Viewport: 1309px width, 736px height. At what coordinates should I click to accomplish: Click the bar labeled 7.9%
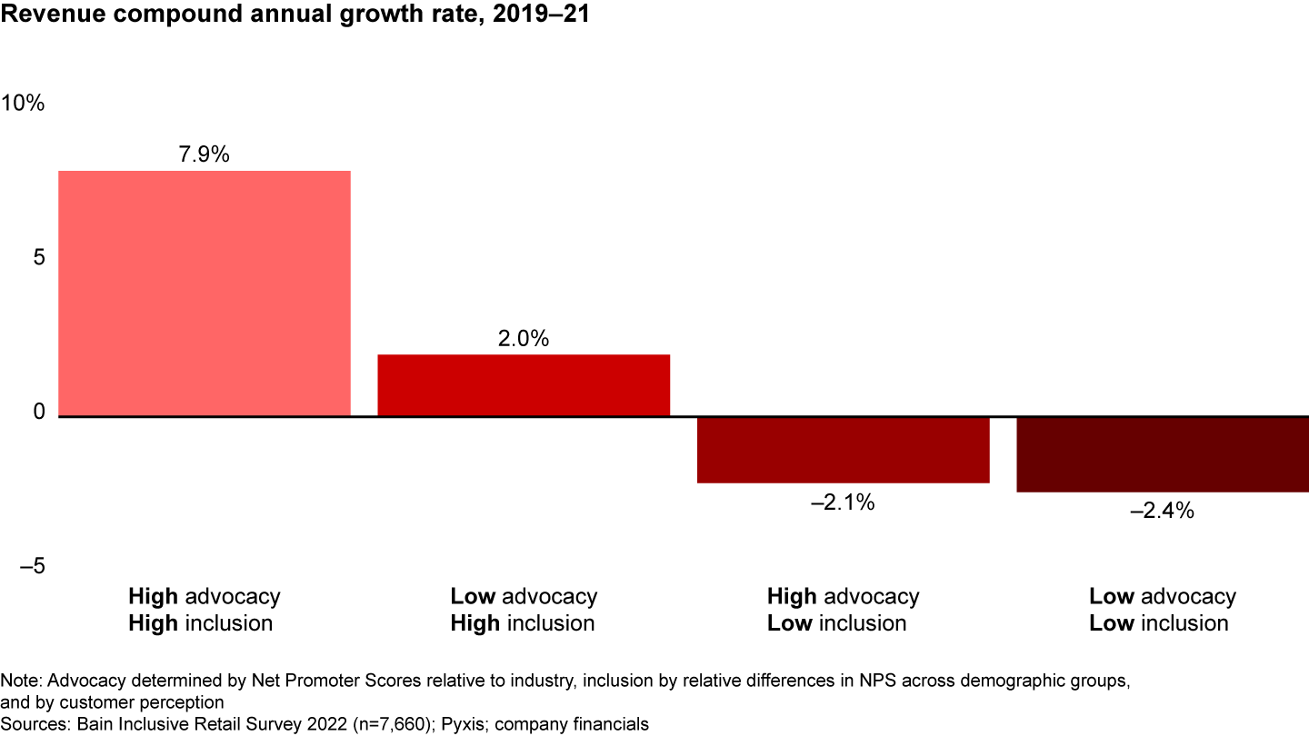point(204,293)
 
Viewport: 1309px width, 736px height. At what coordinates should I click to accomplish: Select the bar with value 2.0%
point(524,385)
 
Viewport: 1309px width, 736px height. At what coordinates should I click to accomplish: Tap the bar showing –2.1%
point(843,450)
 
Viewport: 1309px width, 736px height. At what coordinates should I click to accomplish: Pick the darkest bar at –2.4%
point(1162,454)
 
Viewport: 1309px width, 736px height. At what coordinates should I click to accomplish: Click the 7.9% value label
point(204,154)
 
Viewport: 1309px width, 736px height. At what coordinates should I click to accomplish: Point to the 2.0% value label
point(524,339)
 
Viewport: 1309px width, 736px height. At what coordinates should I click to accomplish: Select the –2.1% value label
point(843,502)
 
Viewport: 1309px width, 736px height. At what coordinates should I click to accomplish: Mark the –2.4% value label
point(1162,511)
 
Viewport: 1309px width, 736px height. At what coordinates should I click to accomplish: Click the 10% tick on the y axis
point(24,104)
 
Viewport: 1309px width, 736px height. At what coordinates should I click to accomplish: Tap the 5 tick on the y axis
point(39,258)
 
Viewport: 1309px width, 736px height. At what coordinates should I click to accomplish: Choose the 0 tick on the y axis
point(39,413)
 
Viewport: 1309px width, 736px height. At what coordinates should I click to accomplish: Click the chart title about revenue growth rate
point(296,16)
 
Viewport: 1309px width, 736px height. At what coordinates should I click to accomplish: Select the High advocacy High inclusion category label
point(204,610)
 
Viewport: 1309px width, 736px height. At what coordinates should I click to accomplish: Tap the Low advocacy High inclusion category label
point(524,610)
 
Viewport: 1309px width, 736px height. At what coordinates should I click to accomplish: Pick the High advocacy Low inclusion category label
point(843,610)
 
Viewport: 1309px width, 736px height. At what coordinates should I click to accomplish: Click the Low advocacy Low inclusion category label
point(1162,610)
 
